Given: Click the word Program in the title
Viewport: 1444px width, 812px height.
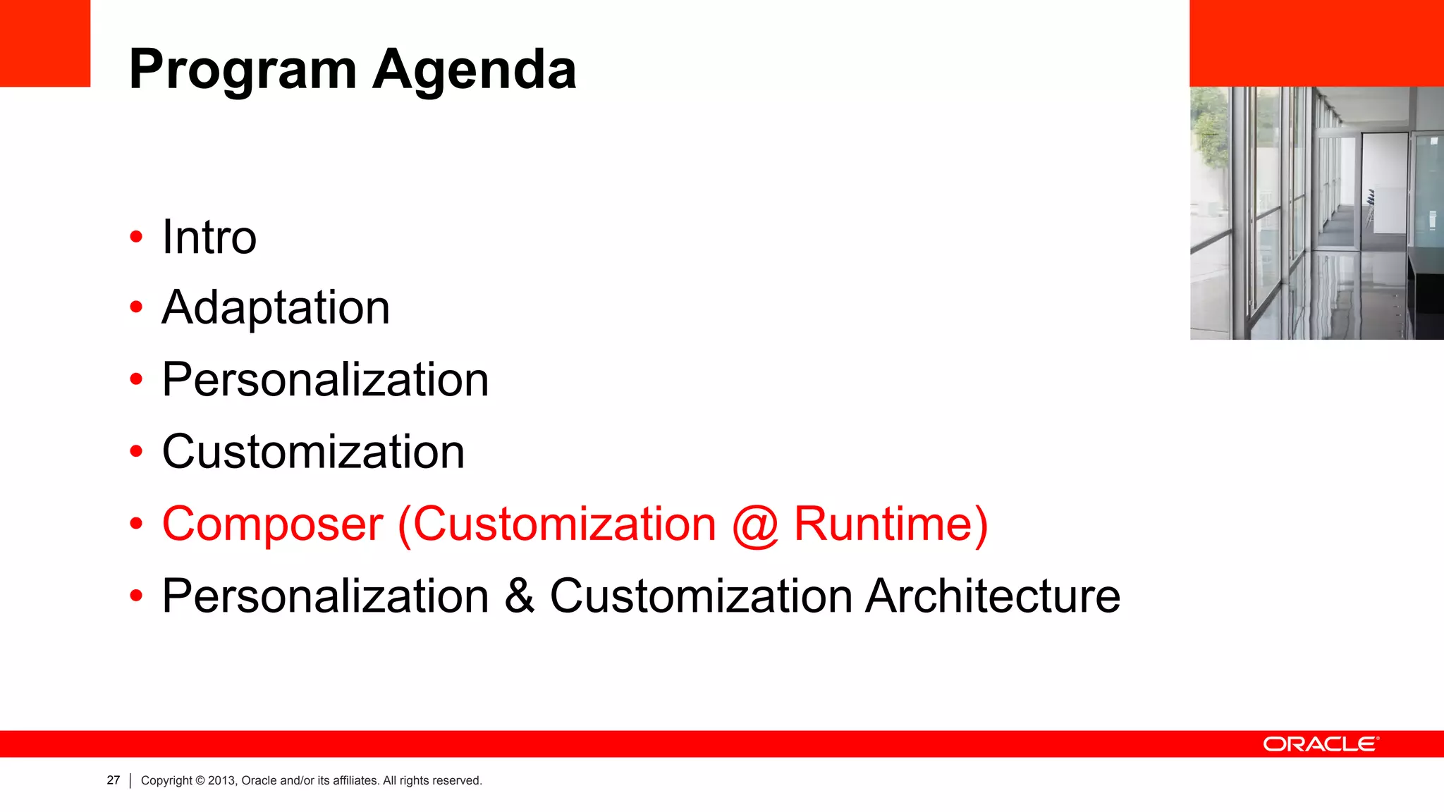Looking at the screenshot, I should point(243,70).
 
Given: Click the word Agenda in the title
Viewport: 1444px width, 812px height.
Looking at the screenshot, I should point(475,70).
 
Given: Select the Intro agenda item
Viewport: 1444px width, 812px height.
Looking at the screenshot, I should point(209,237).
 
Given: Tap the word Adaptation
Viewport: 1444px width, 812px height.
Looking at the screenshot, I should point(276,308).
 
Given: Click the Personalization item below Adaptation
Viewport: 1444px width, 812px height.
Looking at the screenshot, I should point(325,380).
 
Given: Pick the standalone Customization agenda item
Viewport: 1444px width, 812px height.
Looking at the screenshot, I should point(313,452).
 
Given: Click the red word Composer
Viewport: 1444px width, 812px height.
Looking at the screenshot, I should point(273,524).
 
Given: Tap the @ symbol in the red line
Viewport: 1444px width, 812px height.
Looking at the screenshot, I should point(755,526).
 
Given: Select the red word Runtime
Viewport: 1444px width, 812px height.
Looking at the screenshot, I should point(883,524).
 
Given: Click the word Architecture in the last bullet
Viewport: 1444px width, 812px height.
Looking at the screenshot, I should point(993,596).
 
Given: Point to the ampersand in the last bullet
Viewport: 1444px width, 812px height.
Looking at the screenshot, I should point(520,596).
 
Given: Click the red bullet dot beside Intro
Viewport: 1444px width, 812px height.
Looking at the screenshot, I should point(136,237).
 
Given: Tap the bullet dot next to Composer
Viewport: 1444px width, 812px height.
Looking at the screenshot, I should point(136,524).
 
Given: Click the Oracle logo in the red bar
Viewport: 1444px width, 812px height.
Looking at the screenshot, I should point(1321,744).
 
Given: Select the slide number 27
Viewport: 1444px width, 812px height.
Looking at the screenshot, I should point(114,780).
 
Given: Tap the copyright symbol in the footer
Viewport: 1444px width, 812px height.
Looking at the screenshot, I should point(200,780).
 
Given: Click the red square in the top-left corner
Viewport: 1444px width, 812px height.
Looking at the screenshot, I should point(45,43).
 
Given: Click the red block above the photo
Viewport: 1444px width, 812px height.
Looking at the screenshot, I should point(1316,43).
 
